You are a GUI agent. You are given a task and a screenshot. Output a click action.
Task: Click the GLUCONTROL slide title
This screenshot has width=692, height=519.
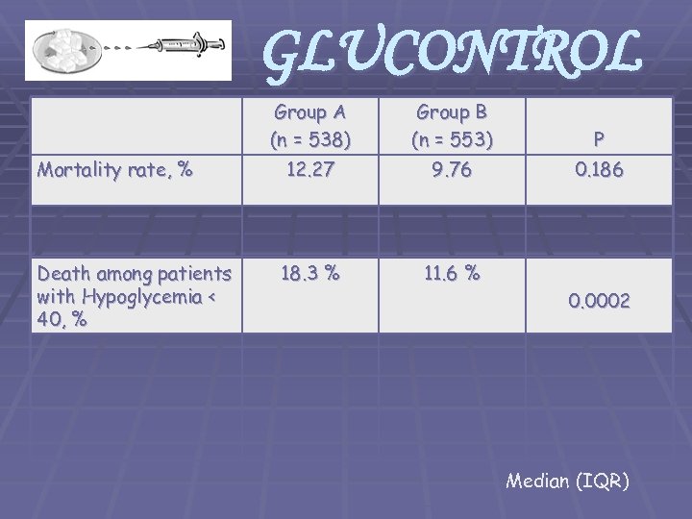click(452, 53)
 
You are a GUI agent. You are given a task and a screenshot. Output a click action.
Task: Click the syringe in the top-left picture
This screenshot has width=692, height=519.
click(179, 45)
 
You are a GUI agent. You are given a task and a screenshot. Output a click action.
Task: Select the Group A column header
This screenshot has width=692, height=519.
click(309, 112)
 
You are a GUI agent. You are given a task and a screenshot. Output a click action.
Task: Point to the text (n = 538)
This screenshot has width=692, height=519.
click(309, 139)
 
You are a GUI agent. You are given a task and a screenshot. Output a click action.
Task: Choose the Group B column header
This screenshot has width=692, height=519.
click(451, 112)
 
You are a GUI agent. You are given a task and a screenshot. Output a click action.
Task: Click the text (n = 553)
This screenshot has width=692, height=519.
click(451, 139)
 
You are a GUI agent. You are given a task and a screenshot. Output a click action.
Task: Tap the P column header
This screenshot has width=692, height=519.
click(599, 139)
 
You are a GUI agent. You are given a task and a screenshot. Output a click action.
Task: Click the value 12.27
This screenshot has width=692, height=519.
click(309, 169)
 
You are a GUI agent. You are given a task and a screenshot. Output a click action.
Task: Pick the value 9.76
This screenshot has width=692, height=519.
click(451, 169)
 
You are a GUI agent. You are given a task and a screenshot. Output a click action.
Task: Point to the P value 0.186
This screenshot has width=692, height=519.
click(599, 170)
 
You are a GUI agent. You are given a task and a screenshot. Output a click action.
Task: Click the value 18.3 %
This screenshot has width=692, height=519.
click(309, 273)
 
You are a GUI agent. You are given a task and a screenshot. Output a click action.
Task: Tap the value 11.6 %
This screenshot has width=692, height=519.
click(451, 273)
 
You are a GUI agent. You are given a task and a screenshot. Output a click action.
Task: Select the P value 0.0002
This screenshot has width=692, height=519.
click(599, 301)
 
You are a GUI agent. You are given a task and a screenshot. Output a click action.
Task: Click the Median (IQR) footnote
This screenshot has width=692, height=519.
click(567, 481)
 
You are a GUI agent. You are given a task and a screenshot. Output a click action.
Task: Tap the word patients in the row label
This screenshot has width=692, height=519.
click(188, 275)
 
